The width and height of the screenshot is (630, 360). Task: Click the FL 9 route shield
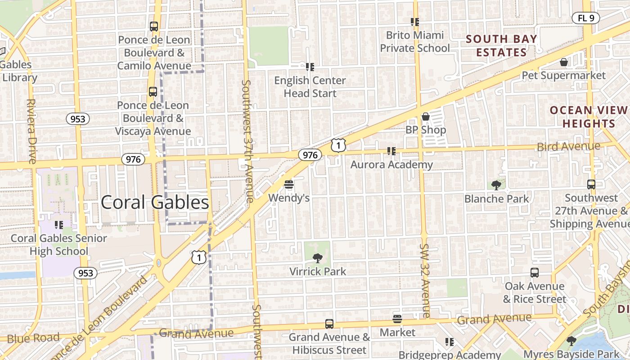586,18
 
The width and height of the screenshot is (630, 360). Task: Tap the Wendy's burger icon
289,184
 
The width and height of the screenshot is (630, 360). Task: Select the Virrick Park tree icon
318,258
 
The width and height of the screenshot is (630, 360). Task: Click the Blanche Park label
497,199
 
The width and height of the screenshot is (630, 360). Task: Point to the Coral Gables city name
155,202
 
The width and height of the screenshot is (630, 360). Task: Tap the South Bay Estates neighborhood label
501,45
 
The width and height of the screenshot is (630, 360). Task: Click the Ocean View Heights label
589,117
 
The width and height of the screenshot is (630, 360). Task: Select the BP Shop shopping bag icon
426,117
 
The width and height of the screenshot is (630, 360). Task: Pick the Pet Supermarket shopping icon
563,62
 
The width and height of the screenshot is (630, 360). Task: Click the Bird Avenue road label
569,146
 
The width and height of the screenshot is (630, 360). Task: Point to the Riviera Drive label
31,131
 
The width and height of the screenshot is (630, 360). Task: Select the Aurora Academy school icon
391,151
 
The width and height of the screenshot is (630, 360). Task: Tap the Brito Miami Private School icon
414,22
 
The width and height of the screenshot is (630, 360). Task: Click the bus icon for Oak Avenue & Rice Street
534,273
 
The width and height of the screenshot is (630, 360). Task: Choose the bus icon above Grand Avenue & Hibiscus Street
329,324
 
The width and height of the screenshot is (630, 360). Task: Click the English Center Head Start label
310,87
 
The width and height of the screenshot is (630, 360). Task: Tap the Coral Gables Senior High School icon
58,225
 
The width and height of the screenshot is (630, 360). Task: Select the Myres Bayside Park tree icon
571,341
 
